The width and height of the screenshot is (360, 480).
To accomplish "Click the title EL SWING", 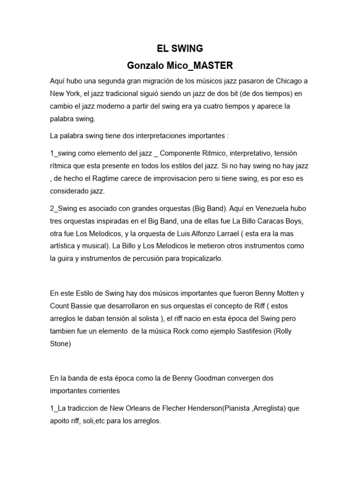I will pos(180,48).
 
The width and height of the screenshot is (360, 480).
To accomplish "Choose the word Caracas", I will pos(253,221).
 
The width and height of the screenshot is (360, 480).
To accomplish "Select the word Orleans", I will pos(124,409).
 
